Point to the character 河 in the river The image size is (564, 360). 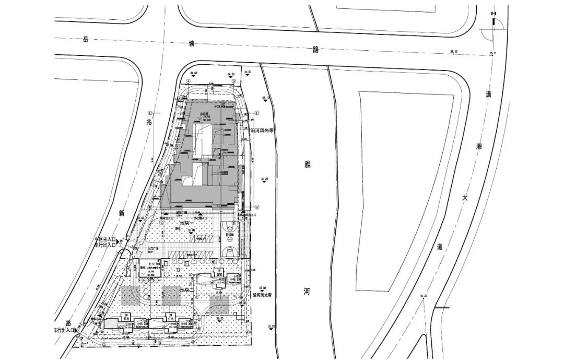(307, 292)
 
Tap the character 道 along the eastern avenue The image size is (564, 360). (439, 247)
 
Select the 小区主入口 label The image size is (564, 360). (104, 240)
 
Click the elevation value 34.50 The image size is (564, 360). (194, 74)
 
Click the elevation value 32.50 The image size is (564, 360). (271, 327)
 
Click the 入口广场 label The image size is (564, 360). (152, 249)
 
